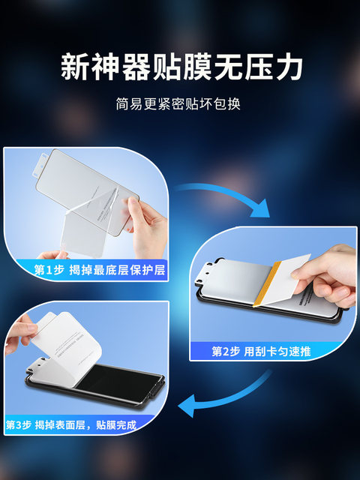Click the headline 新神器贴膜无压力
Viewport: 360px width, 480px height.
pos(180,67)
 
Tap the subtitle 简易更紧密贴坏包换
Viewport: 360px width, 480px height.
pos(179,104)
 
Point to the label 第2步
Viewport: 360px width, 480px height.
pos(226,350)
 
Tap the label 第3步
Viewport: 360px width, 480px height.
pos(22,425)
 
